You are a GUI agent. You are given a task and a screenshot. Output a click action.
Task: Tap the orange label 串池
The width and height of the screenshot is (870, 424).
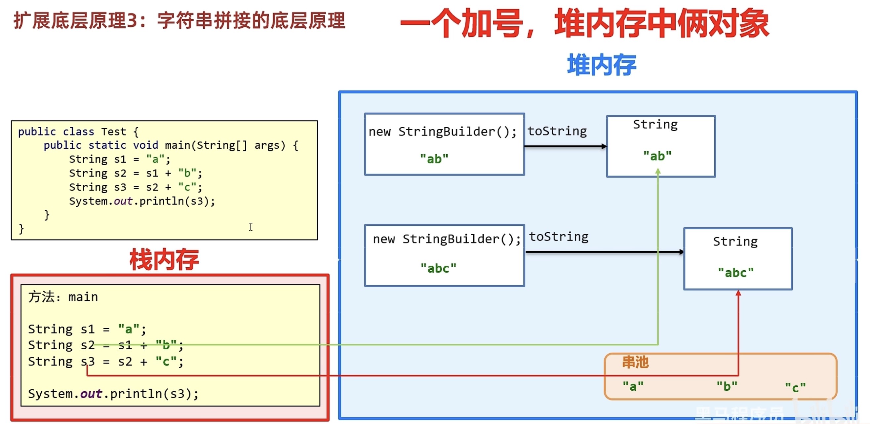[x=635, y=362]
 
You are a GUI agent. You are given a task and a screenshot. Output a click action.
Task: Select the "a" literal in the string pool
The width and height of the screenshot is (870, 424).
[x=633, y=386]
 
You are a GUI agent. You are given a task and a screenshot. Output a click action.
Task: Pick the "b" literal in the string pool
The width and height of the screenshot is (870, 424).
[x=727, y=386]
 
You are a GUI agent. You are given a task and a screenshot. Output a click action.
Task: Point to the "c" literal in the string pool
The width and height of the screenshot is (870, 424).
[x=795, y=387]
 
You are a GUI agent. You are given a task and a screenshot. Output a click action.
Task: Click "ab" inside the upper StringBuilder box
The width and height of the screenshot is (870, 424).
[x=434, y=158]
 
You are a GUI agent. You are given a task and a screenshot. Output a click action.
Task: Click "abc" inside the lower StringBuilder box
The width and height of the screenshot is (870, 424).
[x=438, y=268]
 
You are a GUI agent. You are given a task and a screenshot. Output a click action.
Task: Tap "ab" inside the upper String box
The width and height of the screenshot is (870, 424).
[x=657, y=156]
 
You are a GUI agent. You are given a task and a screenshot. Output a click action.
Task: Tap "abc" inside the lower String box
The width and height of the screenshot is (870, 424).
[x=735, y=272]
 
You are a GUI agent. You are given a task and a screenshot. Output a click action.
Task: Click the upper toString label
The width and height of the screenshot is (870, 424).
[x=557, y=131]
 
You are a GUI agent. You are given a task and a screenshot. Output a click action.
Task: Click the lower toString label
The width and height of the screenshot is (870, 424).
[x=558, y=237]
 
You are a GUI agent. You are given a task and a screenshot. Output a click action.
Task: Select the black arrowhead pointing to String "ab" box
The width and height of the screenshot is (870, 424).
[x=604, y=146]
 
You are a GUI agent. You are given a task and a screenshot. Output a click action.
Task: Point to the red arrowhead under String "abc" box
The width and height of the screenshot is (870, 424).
[x=738, y=293]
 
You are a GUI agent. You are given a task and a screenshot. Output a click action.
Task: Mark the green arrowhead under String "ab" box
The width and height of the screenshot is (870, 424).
[x=658, y=172]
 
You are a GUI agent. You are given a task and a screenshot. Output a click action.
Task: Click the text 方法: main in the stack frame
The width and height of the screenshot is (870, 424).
[x=63, y=297]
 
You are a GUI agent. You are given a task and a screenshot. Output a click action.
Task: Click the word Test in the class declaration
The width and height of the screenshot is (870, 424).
[x=113, y=131]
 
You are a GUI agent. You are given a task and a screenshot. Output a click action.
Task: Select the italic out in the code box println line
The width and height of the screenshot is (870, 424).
[x=123, y=201]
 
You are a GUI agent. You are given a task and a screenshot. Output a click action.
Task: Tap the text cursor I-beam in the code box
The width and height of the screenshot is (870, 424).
[x=251, y=227]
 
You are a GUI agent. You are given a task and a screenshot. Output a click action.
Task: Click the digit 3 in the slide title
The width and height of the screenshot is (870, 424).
[x=132, y=21]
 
